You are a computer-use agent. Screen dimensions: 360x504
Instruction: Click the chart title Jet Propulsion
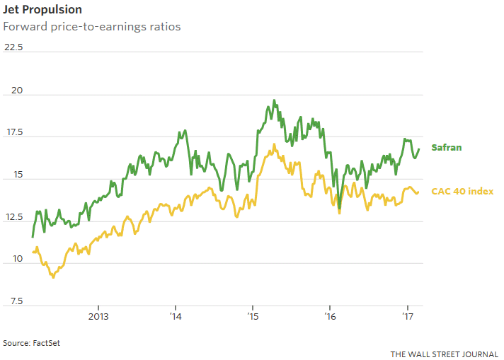[x=42, y=10]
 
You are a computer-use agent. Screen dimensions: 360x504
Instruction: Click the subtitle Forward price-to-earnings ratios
[x=92, y=27]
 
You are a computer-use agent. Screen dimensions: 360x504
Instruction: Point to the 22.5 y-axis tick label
[x=13, y=48]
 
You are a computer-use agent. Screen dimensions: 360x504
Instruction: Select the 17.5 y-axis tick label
[x=13, y=133]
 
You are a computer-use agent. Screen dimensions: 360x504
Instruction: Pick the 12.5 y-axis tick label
[x=13, y=218]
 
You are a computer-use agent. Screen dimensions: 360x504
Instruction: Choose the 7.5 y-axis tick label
[x=13, y=303]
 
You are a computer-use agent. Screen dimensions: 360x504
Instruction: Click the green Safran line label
[x=447, y=147]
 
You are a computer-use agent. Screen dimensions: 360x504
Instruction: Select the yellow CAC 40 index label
[x=462, y=191]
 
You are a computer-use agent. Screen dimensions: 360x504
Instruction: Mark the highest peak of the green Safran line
[x=274, y=100]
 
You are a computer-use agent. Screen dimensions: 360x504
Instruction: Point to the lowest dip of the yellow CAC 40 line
[x=53, y=277]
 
